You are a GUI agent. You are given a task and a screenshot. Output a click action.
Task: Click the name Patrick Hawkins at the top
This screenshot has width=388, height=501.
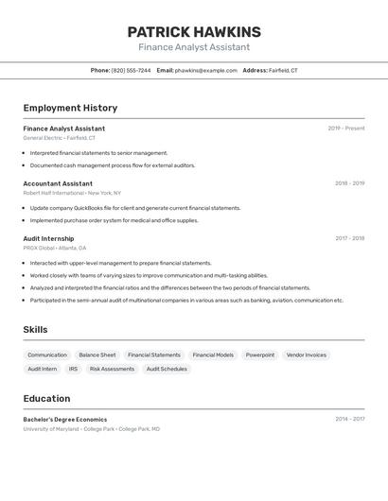pos(194,32)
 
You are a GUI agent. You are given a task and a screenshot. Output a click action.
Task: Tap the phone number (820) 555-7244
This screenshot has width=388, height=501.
pos(131,71)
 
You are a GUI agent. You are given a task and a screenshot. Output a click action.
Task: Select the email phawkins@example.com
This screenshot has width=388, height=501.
pos(205,71)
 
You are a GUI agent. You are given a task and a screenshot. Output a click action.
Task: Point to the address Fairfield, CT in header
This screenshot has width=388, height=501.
pos(283,71)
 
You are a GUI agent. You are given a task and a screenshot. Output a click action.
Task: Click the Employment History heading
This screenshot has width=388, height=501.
pos(70,108)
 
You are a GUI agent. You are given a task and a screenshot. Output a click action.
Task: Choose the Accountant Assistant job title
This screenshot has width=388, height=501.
pos(58,183)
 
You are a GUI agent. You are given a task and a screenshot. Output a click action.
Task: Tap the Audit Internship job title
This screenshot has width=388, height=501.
pos(48,238)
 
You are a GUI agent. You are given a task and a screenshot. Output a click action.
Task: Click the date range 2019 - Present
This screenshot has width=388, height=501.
pos(345,129)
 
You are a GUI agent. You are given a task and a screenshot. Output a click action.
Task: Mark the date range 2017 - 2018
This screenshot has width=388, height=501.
pos(349,238)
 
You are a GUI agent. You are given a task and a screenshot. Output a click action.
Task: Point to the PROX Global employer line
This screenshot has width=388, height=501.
pos(54,248)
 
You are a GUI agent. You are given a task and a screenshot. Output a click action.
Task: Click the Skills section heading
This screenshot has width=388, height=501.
pos(35,330)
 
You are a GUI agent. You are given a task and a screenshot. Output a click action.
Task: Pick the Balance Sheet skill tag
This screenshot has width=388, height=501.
pos(97,355)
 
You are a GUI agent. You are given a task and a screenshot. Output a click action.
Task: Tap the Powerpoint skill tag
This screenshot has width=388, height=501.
pos(260,355)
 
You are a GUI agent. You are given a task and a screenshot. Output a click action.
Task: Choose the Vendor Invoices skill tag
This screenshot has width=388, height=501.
pos(306,355)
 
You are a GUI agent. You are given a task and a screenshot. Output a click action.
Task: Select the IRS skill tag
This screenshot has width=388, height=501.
pos(73,370)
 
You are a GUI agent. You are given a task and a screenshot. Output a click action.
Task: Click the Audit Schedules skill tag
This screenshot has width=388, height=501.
pos(167,370)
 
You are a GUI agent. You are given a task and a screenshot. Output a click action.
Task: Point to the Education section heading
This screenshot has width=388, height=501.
pos(46,399)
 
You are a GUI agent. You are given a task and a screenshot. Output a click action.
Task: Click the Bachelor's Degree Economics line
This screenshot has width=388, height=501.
pos(65,420)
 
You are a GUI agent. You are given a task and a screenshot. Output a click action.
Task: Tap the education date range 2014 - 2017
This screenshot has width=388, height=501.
pos(349,420)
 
